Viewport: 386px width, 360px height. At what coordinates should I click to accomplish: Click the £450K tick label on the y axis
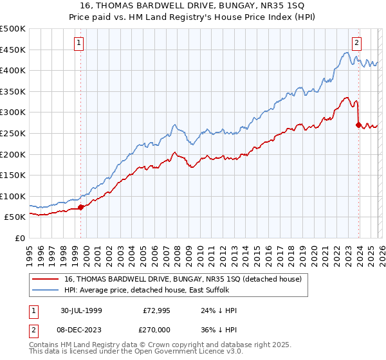[12, 50]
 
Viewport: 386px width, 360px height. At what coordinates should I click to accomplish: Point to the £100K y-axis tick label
[12, 196]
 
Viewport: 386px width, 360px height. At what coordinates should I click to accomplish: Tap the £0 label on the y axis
[20, 238]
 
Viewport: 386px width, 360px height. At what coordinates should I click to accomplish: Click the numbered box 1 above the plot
[78, 43]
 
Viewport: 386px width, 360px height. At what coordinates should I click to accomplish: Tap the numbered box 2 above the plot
[356, 43]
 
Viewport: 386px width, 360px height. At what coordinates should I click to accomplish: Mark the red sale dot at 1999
[81, 207]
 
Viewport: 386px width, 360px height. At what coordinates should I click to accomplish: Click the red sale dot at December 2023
[358, 125]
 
